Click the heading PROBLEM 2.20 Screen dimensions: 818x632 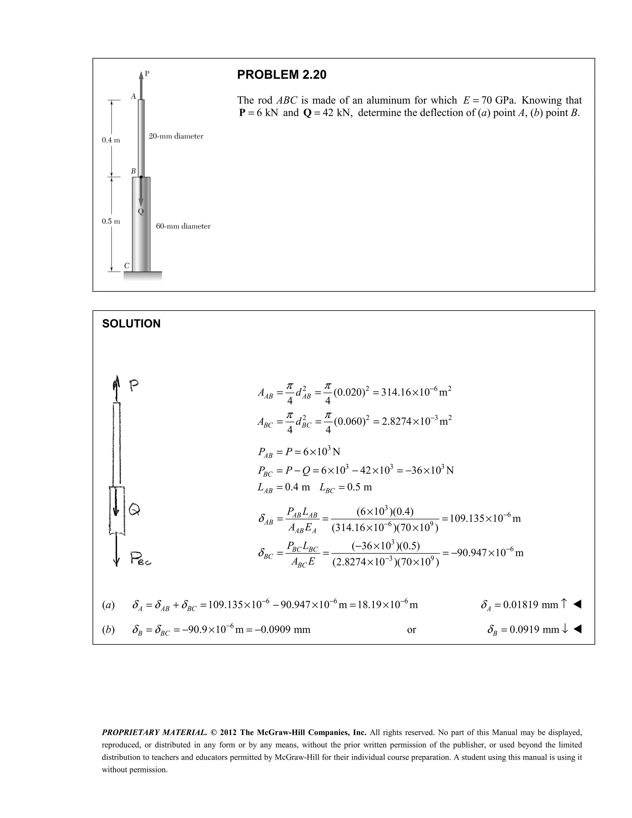(281, 75)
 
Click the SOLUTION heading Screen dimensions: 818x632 (131, 323)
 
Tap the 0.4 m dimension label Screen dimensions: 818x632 (111, 140)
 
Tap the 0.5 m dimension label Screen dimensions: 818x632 (111, 221)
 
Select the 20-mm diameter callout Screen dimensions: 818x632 (176, 136)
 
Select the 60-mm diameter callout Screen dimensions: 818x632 (183, 226)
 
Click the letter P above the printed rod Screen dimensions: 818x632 (147, 74)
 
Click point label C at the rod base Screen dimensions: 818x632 (127, 266)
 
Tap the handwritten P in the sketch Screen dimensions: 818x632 (134, 386)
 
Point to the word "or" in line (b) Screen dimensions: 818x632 (411, 630)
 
